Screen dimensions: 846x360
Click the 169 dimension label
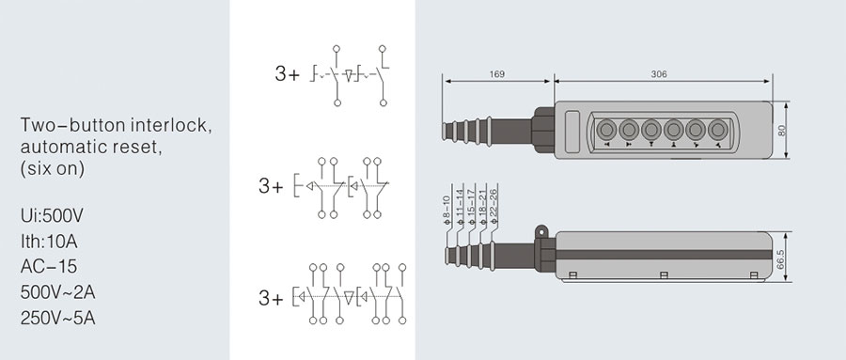tap(497, 74)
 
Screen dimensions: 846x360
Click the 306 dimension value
tap(659, 74)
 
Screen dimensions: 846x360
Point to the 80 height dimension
tap(782, 130)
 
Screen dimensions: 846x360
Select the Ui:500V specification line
tap(52, 216)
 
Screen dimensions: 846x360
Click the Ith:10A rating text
tap(49, 242)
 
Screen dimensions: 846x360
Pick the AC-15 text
tap(49, 267)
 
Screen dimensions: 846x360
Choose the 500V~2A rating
tap(57, 292)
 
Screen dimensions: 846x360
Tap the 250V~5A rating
tap(57, 319)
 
